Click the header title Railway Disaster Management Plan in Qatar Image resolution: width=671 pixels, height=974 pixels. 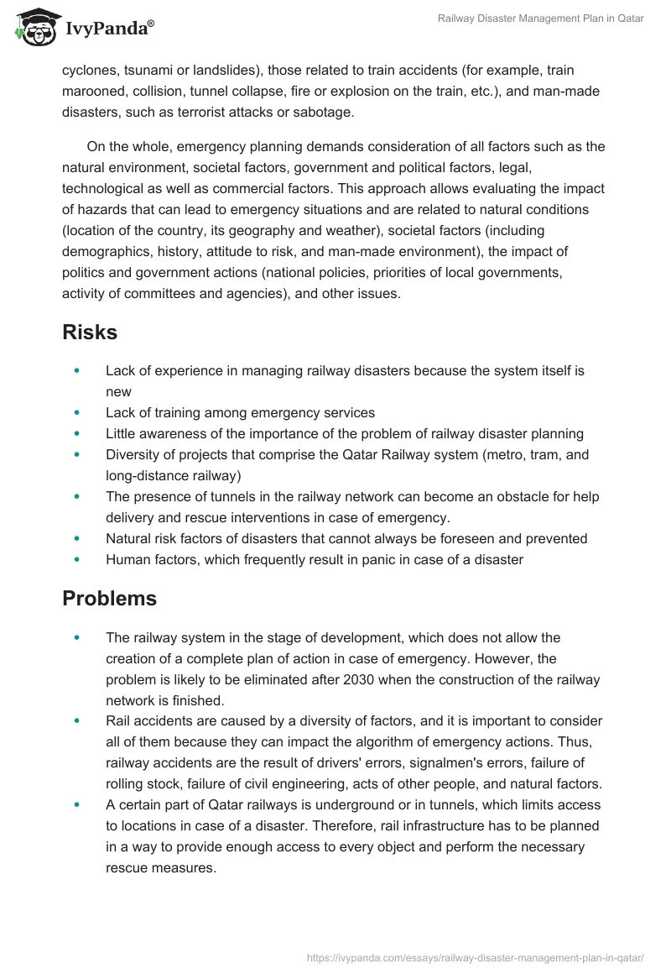pyautogui.click(x=540, y=19)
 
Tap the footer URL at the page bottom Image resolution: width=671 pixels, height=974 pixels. pyautogui.click(x=476, y=956)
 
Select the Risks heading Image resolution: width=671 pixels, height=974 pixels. pyautogui.click(x=90, y=332)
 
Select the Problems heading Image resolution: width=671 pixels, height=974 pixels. pyautogui.click(x=109, y=599)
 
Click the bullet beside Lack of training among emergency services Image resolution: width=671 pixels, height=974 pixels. pyautogui.click(x=78, y=412)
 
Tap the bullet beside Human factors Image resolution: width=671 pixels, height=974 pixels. pyautogui.click(x=78, y=560)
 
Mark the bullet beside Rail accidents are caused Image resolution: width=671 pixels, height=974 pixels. pyautogui.click(x=78, y=720)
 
